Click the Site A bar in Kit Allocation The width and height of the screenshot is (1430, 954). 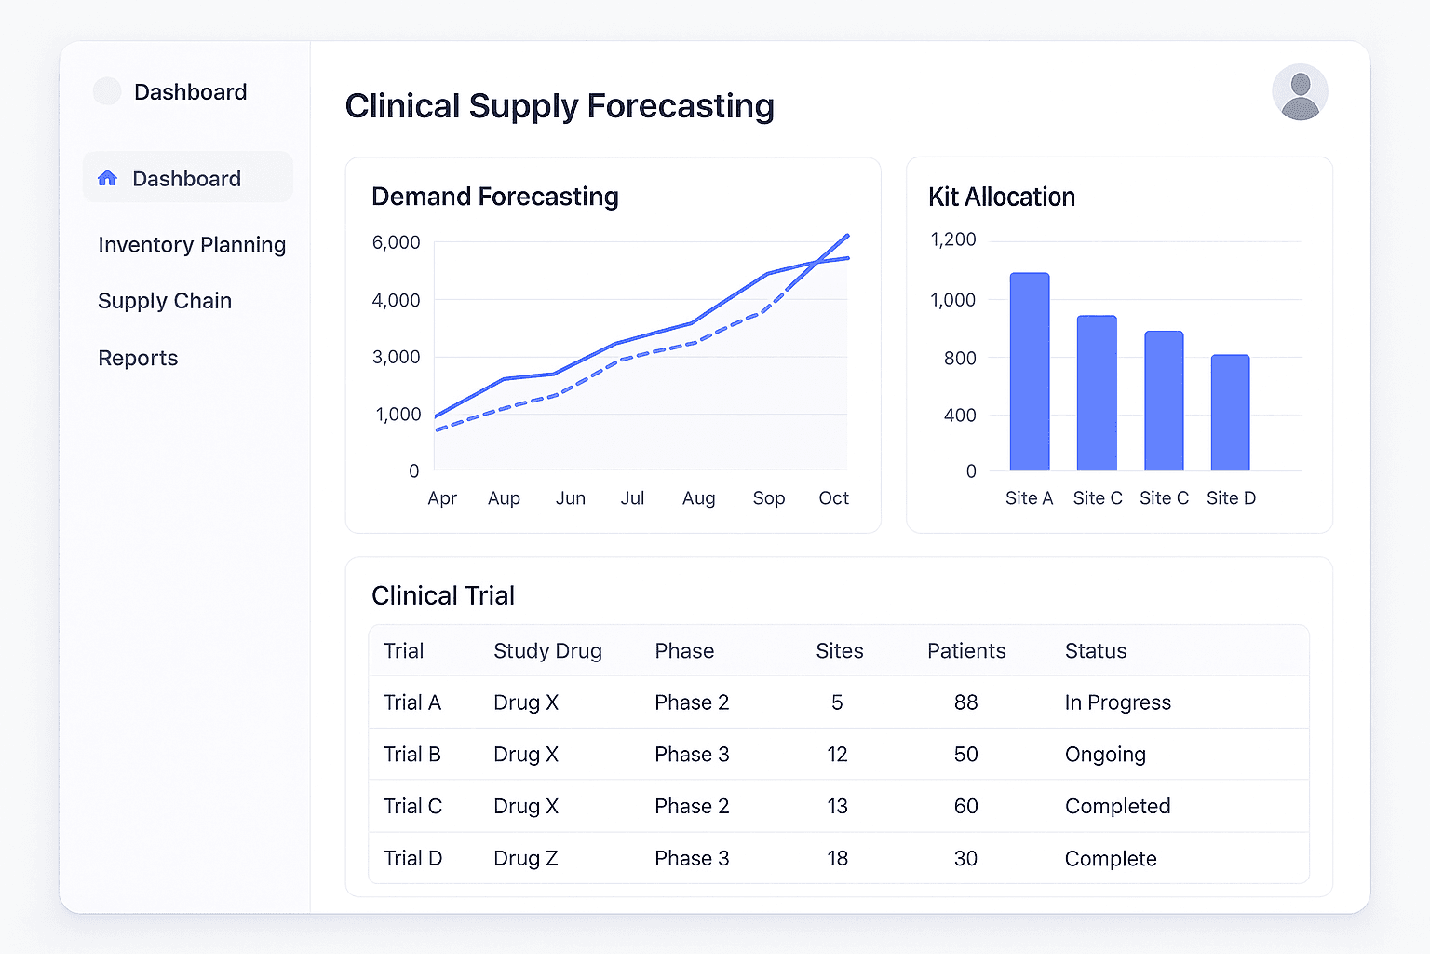click(x=1030, y=372)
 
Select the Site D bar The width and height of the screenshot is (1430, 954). click(x=1230, y=413)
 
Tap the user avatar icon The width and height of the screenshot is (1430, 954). click(x=1300, y=92)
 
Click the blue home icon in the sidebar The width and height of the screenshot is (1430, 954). click(x=108, y=178)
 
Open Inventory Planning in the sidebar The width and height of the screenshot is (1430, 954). click(x=192, y=245)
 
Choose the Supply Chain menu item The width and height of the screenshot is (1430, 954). click(x=165, y=301)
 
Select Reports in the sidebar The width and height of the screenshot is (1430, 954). click(x=138, y=358)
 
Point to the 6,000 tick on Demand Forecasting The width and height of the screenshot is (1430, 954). click(x=396, y=242)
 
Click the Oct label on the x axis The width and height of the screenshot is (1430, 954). click(x=833, y=498)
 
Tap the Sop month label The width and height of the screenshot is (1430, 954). click(x=769, y=498)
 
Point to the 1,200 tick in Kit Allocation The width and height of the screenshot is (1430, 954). click(x=953, y=239)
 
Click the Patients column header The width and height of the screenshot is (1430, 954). click(x=966, y=651)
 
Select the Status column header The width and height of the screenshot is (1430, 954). click(x=1096, y=651)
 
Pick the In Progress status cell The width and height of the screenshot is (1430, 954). click(x=1117, y=702)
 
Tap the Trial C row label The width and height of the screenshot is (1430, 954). click(x=412, y=806)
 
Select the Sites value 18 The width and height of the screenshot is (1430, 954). click(x=837, y=858)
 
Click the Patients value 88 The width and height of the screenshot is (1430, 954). click(x=965, y=702)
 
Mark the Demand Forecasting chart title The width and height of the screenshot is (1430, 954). click(x=495, y=197)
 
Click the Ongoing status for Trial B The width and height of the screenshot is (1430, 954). click(x=1105, y=755)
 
